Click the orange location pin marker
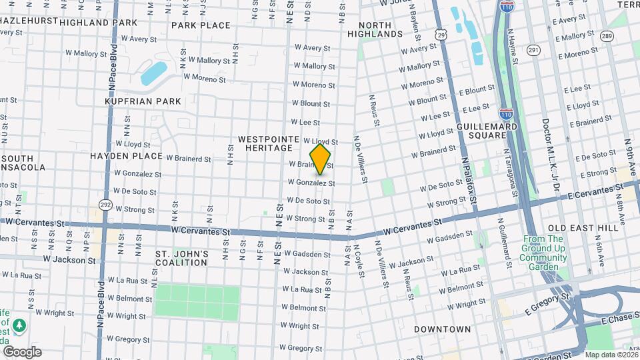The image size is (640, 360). point(321,159)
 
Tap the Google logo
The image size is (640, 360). point(22,351)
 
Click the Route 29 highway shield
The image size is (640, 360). point(441,33)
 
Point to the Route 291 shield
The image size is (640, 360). point(533,49)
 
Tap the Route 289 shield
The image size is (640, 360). point(606,35)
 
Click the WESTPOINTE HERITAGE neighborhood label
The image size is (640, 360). point(265,143)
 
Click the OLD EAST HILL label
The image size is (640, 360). point(580,228)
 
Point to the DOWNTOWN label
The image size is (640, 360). point(442,329)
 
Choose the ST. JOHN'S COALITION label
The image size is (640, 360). point(181,258)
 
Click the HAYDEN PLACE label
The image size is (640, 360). point(126,156)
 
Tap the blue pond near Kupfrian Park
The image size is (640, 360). point(153,73)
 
